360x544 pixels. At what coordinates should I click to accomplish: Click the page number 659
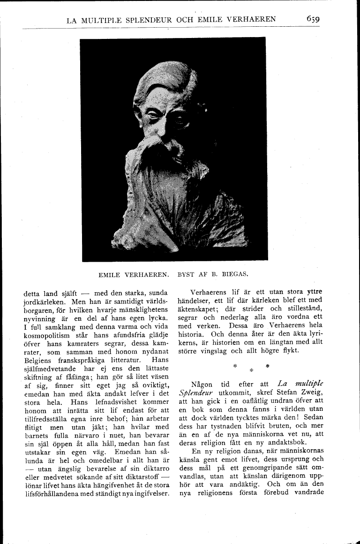tap(313, 19)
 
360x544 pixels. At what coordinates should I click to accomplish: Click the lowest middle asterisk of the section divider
tap(251, 370)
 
